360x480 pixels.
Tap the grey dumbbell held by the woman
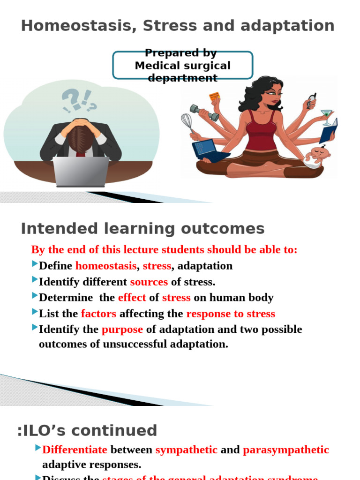(204, 112)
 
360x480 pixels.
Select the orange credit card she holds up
(215, 96)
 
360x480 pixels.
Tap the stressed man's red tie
(81, 153)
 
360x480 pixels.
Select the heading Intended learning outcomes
(143, 229)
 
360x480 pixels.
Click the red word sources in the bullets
(149, 282)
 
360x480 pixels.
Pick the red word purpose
(122, 330)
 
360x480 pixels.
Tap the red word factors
(98, 314)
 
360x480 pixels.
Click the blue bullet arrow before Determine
(35, 296)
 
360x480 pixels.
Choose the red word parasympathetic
(286, 450)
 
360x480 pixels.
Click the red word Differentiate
(75, 450)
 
